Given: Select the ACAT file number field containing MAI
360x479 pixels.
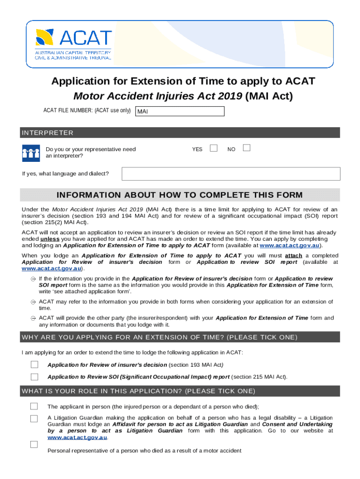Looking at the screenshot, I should pos(180,111).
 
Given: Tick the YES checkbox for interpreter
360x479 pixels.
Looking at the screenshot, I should pos(214,148).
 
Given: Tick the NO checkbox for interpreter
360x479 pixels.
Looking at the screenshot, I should pos(247,148).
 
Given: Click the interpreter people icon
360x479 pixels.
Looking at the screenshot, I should pos(31,152).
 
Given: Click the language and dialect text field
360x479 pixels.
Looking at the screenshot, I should pos(231,174).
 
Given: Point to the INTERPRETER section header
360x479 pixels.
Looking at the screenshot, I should pos(47,133).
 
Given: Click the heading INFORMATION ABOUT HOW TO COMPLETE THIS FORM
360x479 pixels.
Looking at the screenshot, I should pos(180,195).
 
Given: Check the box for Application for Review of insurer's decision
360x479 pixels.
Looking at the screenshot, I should pos(35,364).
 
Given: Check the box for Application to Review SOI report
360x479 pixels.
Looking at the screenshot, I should pos(35,377).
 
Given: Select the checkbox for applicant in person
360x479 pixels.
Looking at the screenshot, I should pos(34,406).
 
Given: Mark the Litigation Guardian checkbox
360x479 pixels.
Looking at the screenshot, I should pos(34,419).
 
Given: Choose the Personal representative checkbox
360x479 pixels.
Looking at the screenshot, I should pos(34,444).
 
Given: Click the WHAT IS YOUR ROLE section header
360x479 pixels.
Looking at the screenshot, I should pos(138,391).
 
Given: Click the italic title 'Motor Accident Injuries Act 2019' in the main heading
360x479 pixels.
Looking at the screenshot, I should pos(158,96).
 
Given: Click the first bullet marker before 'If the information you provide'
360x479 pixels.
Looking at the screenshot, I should pos(33,279).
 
